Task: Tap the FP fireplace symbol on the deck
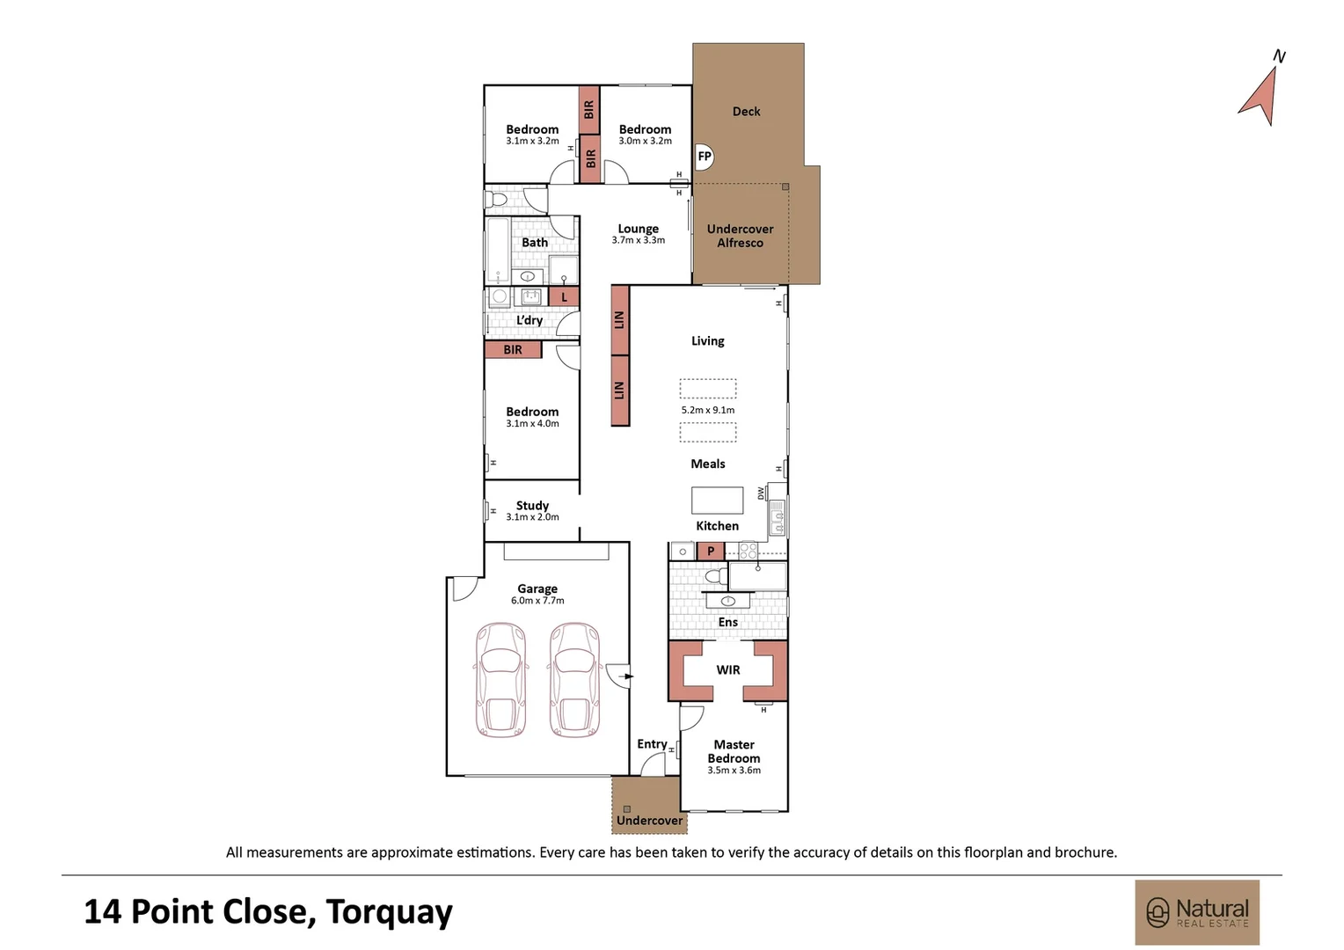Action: click(704, 157)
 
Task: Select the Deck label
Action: click(746, 112)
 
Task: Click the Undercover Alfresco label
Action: click(740, 236)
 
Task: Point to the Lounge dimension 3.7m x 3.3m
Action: click(638, 240)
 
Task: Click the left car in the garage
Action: click(500, 680)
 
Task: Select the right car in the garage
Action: click(575, 680)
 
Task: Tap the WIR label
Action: click(727, 670)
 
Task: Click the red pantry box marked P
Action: click(711, 552)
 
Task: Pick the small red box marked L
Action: click(564, 297)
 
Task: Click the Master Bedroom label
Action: click(734, 751)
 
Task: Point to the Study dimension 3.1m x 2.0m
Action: click(532, 517)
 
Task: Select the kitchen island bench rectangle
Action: click(717, 500)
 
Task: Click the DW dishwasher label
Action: click(762, 493)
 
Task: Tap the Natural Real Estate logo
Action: click(1197, 912)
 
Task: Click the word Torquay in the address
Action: click(389, 912)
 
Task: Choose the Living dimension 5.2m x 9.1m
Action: click(707, 410)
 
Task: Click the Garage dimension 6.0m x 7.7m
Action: click(537, 601)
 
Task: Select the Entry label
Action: click(652, 744)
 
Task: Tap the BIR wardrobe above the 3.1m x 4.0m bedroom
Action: click(513, 350)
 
